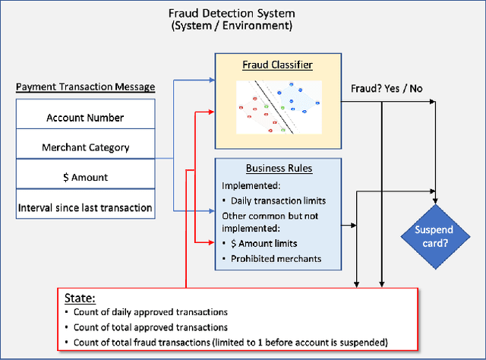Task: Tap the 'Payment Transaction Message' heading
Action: point(85,87)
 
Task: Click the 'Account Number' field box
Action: point(85,118)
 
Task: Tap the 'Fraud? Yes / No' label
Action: point(386,88)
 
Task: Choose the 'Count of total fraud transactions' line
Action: point(230,343)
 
